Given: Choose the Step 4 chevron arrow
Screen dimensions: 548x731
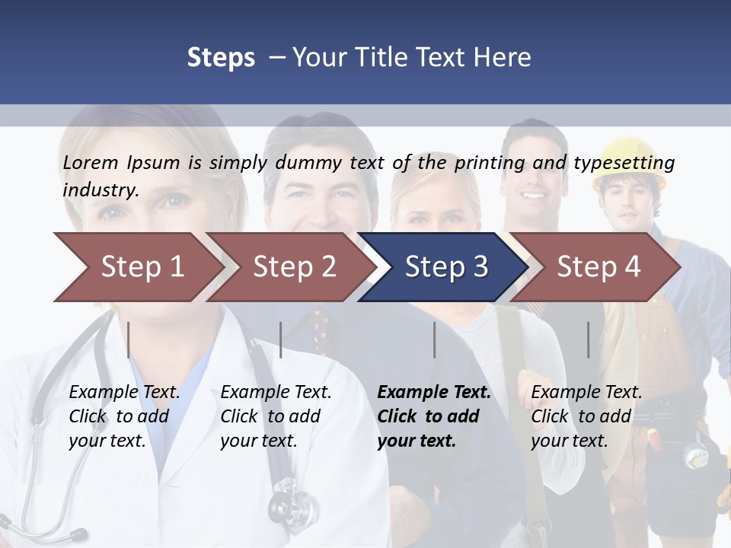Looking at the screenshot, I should [598, 267].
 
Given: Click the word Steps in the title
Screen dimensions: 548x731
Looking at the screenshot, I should [221, 57].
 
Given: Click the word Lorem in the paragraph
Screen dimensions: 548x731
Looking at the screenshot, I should [91, 162].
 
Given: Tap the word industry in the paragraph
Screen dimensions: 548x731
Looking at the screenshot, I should [100, 190].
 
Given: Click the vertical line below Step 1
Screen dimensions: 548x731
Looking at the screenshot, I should [129, 339].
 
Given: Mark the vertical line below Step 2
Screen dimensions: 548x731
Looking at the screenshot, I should [281, 339].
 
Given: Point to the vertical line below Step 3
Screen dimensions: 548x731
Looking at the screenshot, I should [435, 339].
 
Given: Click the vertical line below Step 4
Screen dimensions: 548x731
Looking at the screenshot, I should [589, 339].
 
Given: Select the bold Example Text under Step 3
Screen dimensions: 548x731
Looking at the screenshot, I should [433, 416].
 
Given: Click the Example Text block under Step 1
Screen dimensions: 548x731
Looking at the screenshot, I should [124, 416].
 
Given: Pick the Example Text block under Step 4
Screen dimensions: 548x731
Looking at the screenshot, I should [586, 416].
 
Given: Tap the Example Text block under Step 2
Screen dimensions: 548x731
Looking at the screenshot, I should [276, 416].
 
